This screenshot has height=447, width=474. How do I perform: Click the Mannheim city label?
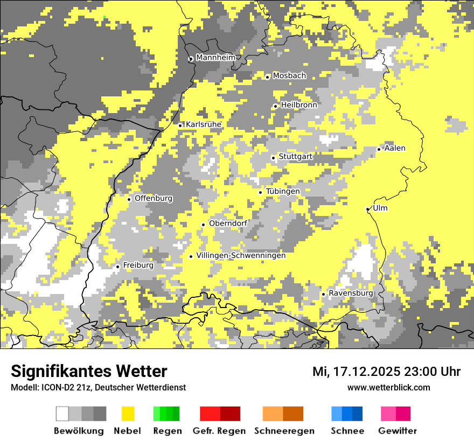tap(216, 58)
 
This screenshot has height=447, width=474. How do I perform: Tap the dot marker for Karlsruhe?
tap(180, 125)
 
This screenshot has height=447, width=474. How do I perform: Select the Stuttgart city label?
tap(295, 157)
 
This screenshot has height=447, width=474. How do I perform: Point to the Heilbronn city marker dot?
tap(275, 106)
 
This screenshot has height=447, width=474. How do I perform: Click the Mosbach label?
tap(289, 76)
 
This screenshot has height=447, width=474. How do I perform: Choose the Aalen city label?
tap(395, 148)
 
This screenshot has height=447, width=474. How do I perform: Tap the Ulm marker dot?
tap(368, 209)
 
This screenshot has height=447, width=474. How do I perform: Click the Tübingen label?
tap(283, 191)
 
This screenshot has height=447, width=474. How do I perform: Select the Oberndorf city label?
tap(228, 223)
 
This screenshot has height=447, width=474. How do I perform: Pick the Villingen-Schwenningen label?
tap(241, 255)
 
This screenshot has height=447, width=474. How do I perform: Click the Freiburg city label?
tap(138, 265)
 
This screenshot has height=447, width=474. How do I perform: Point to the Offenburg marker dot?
tap(129, 199)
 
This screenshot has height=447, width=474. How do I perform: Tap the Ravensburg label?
tap(351, 294)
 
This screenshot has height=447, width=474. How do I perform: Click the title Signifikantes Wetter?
tap(89, 371)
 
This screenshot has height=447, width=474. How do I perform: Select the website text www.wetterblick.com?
tap(388, 387)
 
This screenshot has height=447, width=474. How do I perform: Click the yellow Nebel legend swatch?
tap(128, 414)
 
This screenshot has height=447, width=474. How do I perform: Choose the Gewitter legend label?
tap(397, 431)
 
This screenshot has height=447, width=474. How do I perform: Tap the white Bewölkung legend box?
tap(62, 414)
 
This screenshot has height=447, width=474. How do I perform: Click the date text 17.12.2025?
tap(366, 372)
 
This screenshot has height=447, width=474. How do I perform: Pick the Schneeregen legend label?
tap(284, 431)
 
